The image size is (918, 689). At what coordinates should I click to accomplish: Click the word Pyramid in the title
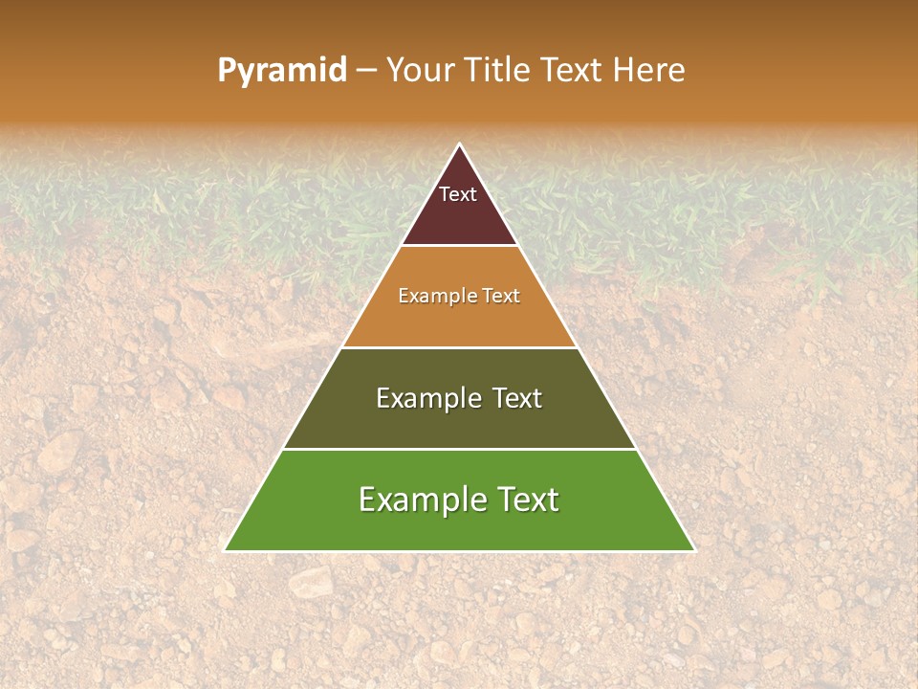pos(282,71)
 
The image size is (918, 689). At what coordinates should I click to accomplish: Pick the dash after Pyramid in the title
pos(366,72)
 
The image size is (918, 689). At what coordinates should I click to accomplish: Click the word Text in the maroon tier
pos(458,194)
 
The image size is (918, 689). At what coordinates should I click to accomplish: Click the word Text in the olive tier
pos(517,398)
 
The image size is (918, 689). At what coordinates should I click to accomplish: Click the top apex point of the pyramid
pos(459,144)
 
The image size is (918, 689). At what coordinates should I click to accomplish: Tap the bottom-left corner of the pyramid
pos(225,551)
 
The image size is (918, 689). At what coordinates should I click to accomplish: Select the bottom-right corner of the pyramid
pos(694,551)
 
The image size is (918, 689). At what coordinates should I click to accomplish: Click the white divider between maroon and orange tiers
pos(459,246)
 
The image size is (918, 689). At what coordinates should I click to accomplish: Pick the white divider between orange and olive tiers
pos(459,347)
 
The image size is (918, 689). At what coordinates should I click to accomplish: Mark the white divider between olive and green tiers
pos(459,449)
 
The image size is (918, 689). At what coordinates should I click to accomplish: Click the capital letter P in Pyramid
pos(226,71)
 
